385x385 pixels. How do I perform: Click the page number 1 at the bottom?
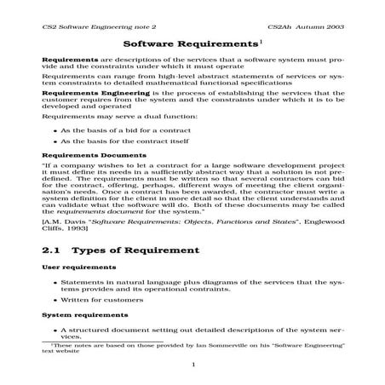193,365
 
